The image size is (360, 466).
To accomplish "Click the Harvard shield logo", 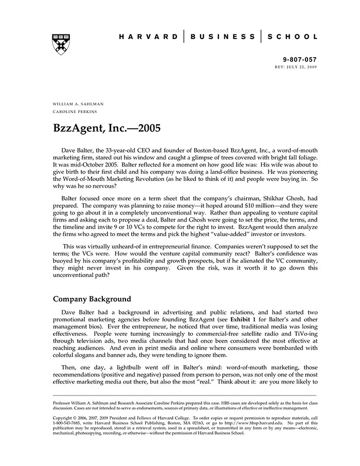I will pos(61,43).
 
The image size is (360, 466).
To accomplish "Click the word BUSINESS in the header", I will pos(223,37).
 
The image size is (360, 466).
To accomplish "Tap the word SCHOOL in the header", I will pos(293,37).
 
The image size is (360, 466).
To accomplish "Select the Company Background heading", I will pos(92,299).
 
